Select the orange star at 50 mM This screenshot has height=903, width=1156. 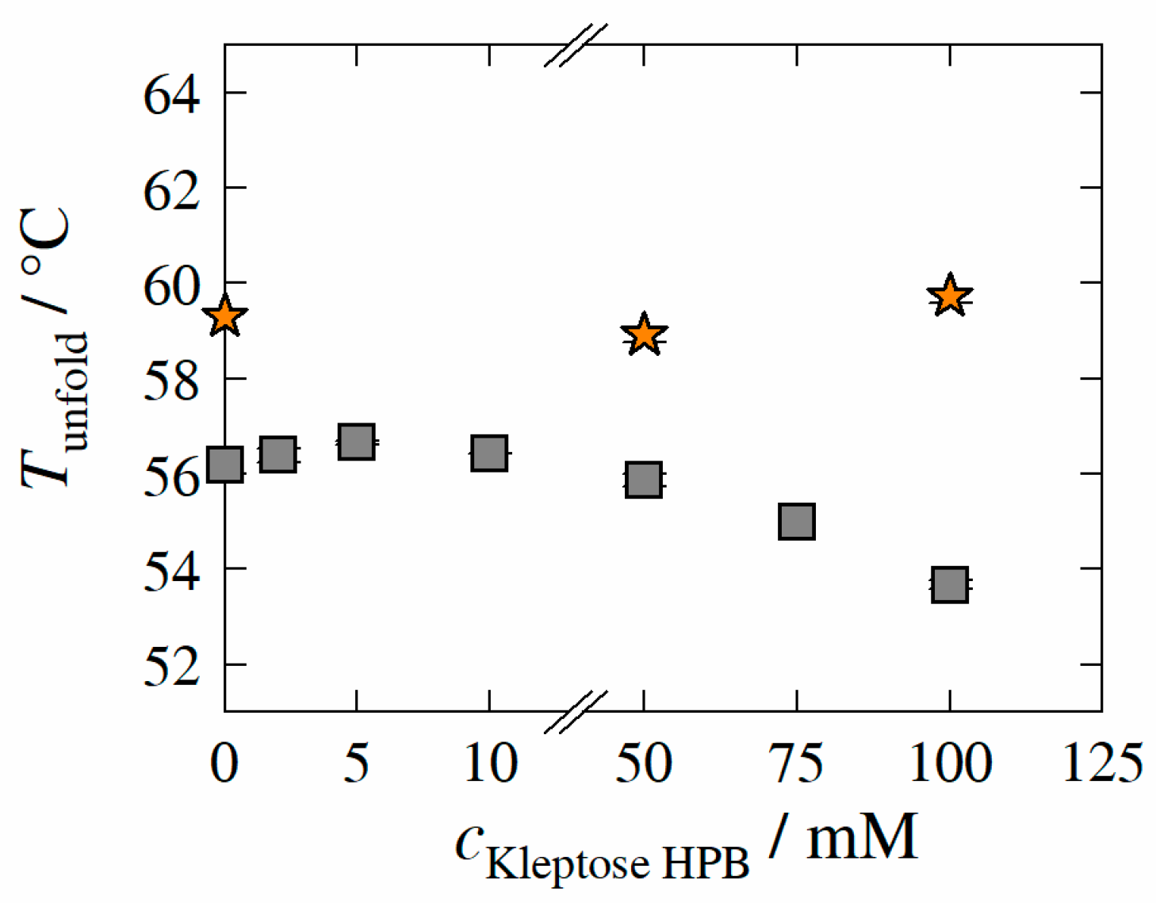pos(644,335)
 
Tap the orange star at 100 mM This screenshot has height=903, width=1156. pos(949,297)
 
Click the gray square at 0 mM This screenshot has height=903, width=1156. pos(224,464)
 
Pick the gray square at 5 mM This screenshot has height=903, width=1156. pos(356,442)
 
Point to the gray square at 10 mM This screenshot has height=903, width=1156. pos(489,453)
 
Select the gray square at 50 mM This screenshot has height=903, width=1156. pos(644,480)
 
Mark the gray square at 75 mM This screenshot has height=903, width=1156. pos(797,522)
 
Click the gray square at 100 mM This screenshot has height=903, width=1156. pos(949,585)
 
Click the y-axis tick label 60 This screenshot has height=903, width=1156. pos(171,286)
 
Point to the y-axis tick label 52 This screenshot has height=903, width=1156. pos(171,667)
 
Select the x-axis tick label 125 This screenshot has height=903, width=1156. pos(1102,763)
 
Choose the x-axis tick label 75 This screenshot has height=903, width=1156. pos(797,763)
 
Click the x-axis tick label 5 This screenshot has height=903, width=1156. pos(357,763)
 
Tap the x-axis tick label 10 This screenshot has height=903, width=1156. pos(490,763)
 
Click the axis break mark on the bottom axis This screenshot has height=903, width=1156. pos(576,711)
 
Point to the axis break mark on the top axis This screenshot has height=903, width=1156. pos(576,45)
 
